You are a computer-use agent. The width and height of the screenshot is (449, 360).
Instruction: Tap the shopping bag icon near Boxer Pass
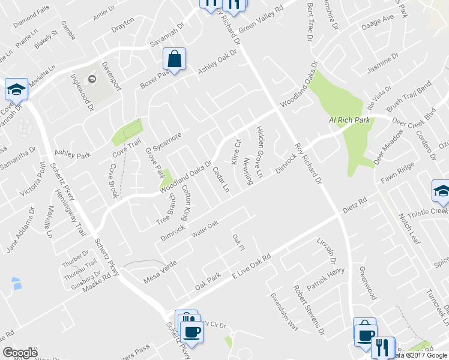click(174, 60)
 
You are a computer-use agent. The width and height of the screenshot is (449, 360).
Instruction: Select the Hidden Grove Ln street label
click(260, 152)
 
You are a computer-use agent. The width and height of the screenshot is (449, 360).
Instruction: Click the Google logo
click(20, 353)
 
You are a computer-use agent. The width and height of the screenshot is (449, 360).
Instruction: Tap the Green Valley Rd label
click(261, 20)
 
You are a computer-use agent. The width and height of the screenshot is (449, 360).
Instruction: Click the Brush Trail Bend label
click(409, 97)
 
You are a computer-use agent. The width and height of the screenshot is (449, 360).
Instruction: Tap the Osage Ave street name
click(377, 26)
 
